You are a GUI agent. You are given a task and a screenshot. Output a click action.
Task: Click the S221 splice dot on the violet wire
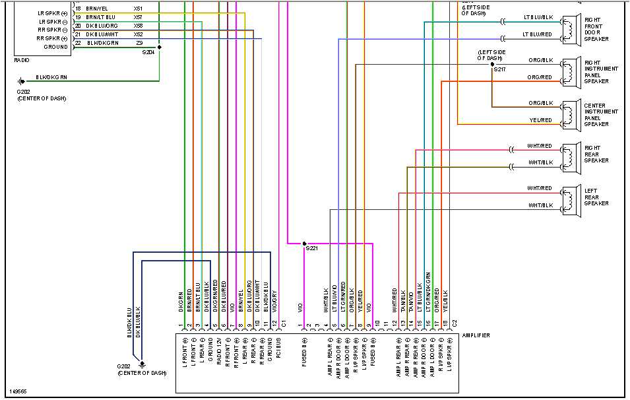click(x=304, y=243)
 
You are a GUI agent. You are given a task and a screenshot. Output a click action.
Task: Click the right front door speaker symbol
click(x=569, y=29)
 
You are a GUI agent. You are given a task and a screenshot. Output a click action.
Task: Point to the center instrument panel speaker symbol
click(x=569, y=114)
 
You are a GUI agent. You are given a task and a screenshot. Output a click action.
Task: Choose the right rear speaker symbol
click(x=569, y=156)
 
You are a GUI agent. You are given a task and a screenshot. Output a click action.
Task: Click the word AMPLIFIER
click(x=476, y=336)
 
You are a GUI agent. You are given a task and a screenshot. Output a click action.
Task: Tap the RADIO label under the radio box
click(x=21, y=60)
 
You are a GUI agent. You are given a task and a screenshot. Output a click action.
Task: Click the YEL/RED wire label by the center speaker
click(x=540, y=120)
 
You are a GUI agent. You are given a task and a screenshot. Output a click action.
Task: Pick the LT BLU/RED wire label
click(x=537, y=34)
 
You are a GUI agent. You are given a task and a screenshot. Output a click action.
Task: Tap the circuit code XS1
click(x=138, y=8)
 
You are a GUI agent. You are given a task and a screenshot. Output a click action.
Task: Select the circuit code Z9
click(x=139, y=42)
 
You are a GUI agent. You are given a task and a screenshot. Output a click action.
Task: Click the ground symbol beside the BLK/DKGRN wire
click(x=22, y=81)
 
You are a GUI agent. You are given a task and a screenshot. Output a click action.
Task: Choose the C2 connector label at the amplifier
click(x=453, y=324)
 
